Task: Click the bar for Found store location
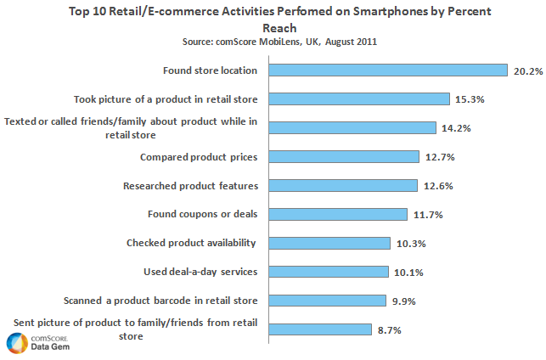click(388, 70)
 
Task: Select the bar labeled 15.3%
click(359, 99)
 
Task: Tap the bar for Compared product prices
click(344, 157)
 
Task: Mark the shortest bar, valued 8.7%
click(320, 329)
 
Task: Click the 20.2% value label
click(526, 70)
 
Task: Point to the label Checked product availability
click(191, 243)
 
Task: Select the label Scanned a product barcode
click(160, 300)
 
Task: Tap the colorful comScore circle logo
click(16, 343)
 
